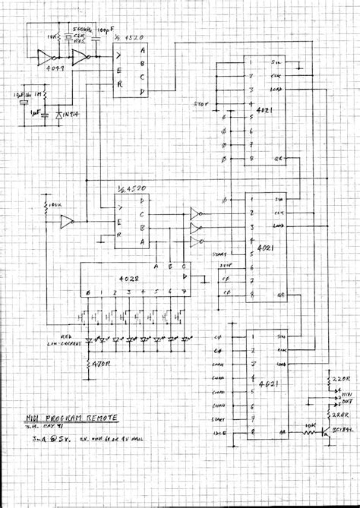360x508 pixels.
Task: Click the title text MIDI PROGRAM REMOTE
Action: pos(71,417)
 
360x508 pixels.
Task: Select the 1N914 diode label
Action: pos(72,114)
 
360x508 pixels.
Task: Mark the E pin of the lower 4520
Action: pos(120,222)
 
